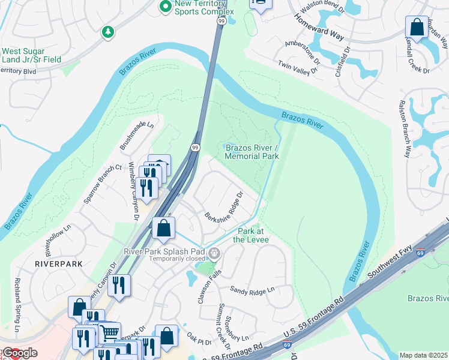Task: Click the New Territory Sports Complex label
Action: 195,7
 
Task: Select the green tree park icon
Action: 107,31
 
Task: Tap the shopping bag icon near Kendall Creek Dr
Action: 416,28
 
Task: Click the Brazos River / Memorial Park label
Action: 252,152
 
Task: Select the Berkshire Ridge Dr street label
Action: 224,207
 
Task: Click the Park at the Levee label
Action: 253,235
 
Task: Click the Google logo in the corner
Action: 19,353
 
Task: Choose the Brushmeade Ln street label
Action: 137,136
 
